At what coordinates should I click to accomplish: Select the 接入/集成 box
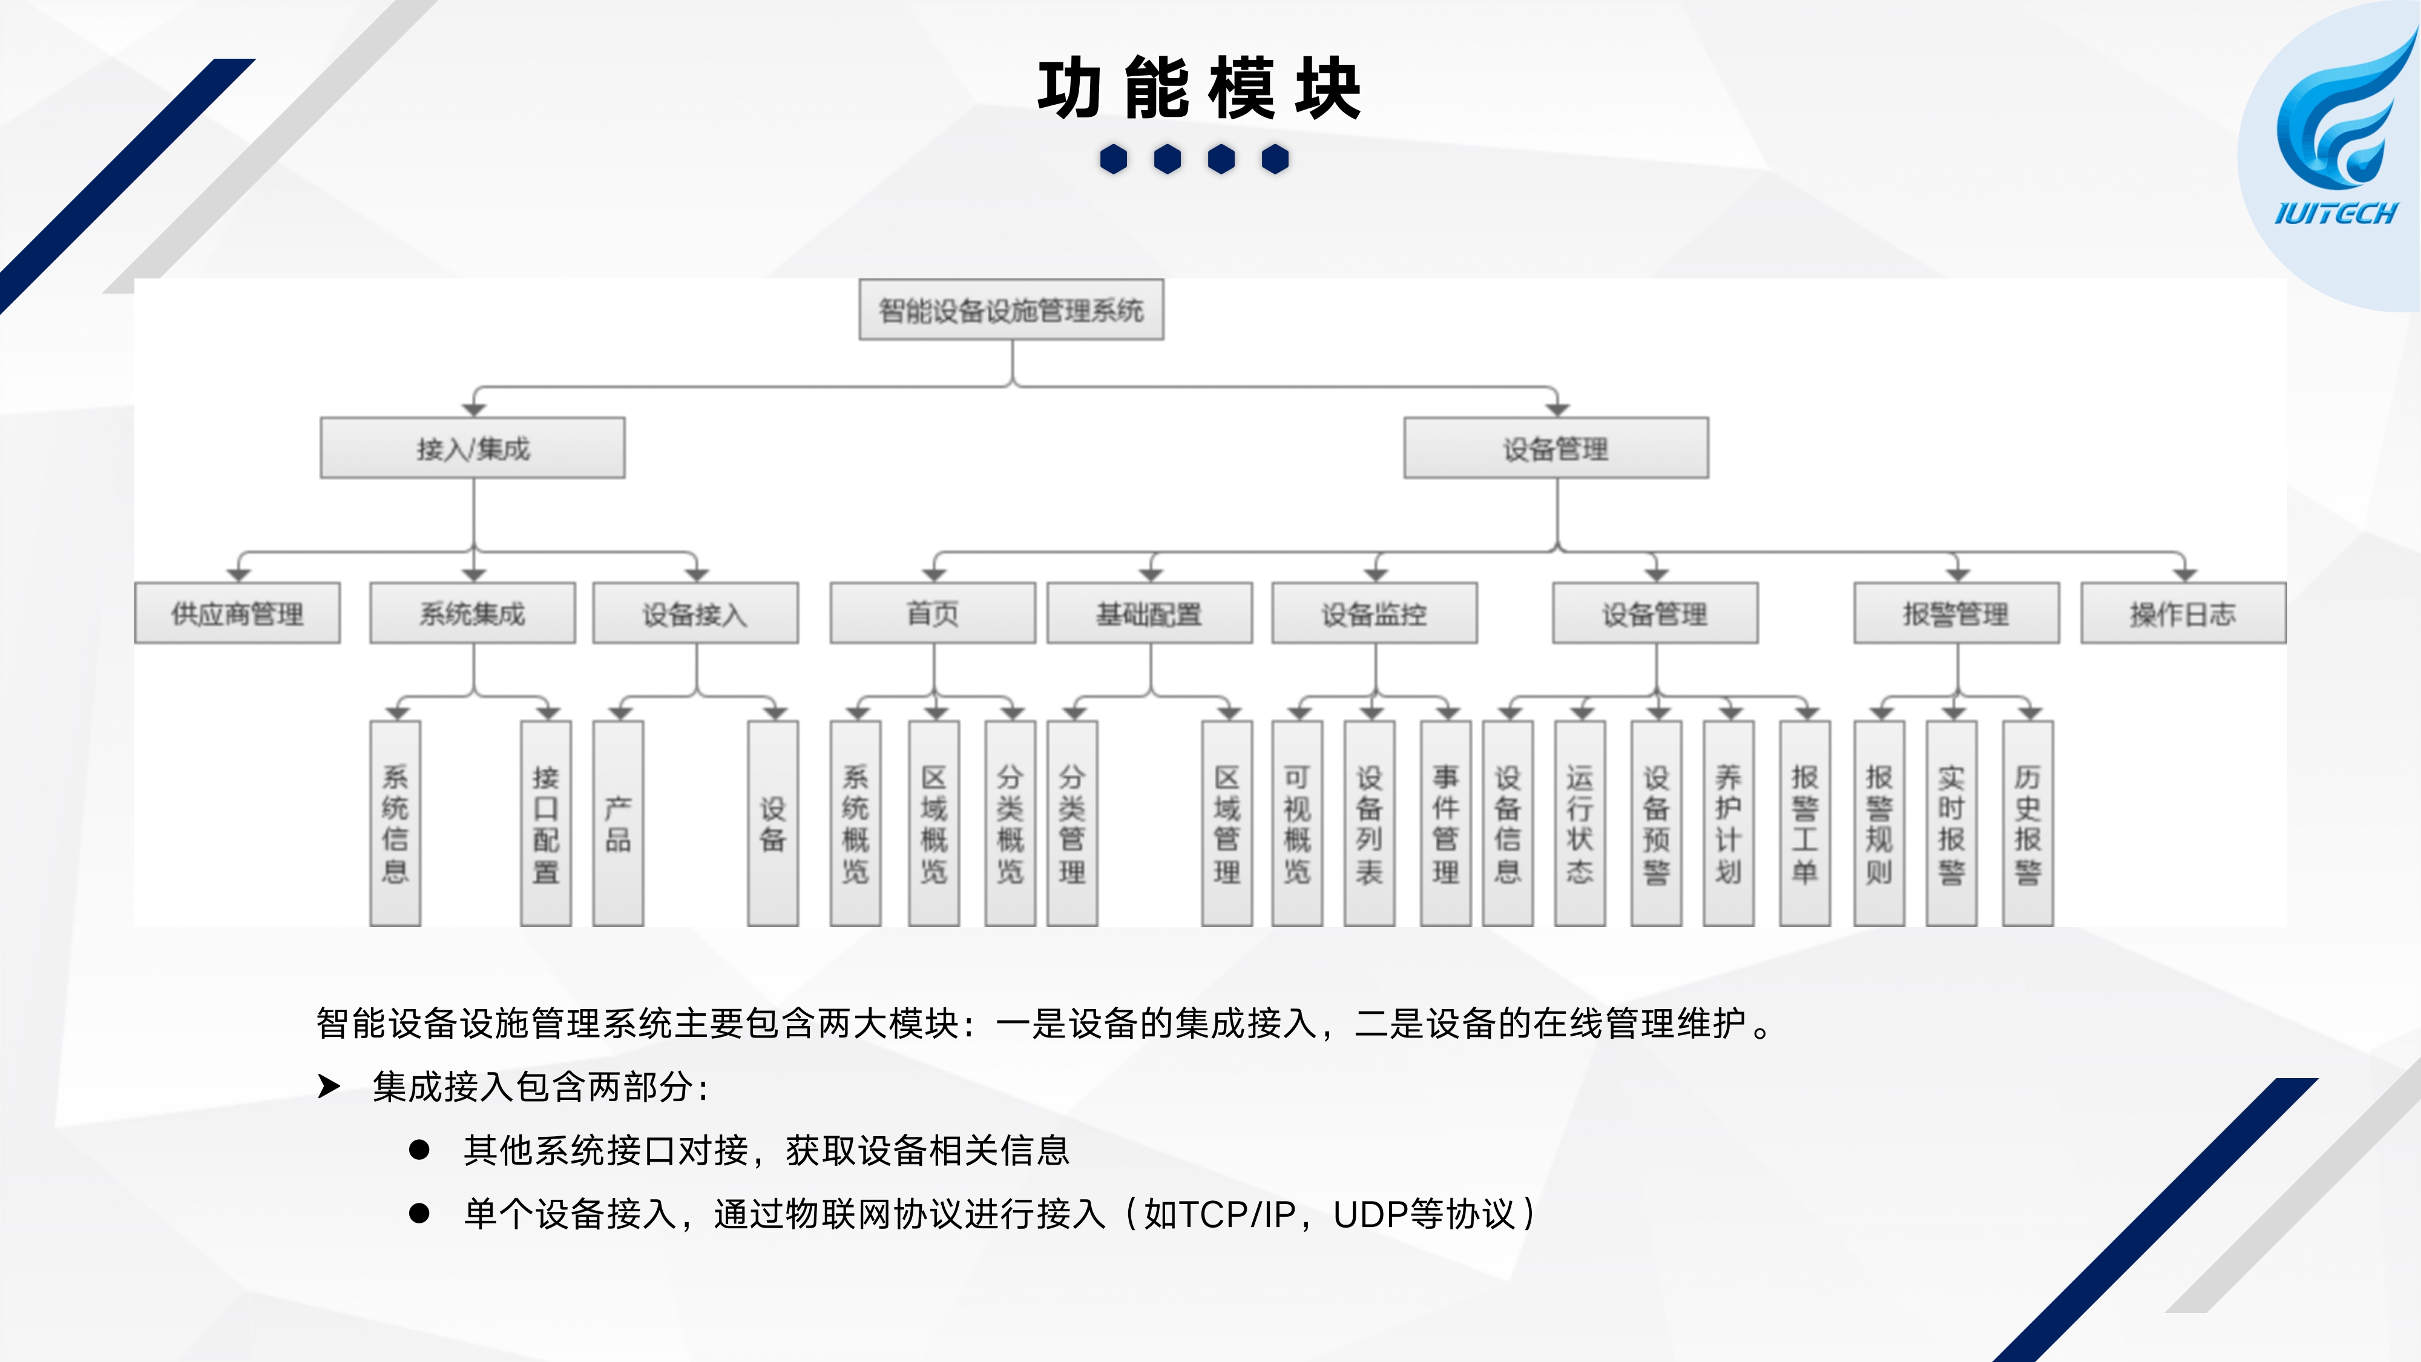pyautogui.click(x=473, y=449)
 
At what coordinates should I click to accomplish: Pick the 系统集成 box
pyautogui.click(x=472, y=614)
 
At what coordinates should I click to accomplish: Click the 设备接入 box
pyautogui.click(x=695, y=614)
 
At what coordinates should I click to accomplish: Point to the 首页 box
pyautogui.click(x=932, y=614)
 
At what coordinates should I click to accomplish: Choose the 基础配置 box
pyautogui.click(x=1149, y=614)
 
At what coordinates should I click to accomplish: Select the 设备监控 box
pyautogui.click(x=1374, y=614)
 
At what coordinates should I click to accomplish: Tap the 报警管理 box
pyautogui.click(x=1956, y=614)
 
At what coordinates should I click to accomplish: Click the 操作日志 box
pyautogui.click(x=2183, y=614)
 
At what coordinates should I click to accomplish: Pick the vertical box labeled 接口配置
pyautogui.click(x=546, y=823)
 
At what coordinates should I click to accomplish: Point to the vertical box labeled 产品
pyautogui.click(x=617, y=823)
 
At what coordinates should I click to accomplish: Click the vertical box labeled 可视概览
pyautogui.click(x=1297, y=823)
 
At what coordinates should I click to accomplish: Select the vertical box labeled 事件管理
pyautogui.click(x=1445, y=823)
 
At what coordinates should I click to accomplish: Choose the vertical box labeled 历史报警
pyautogui.click(x=2027, y=823)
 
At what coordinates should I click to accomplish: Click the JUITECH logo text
pyautogui.click(x=2336, y=213)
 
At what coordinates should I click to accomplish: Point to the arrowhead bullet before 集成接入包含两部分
pyautogui.click(x=329, y=1087)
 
